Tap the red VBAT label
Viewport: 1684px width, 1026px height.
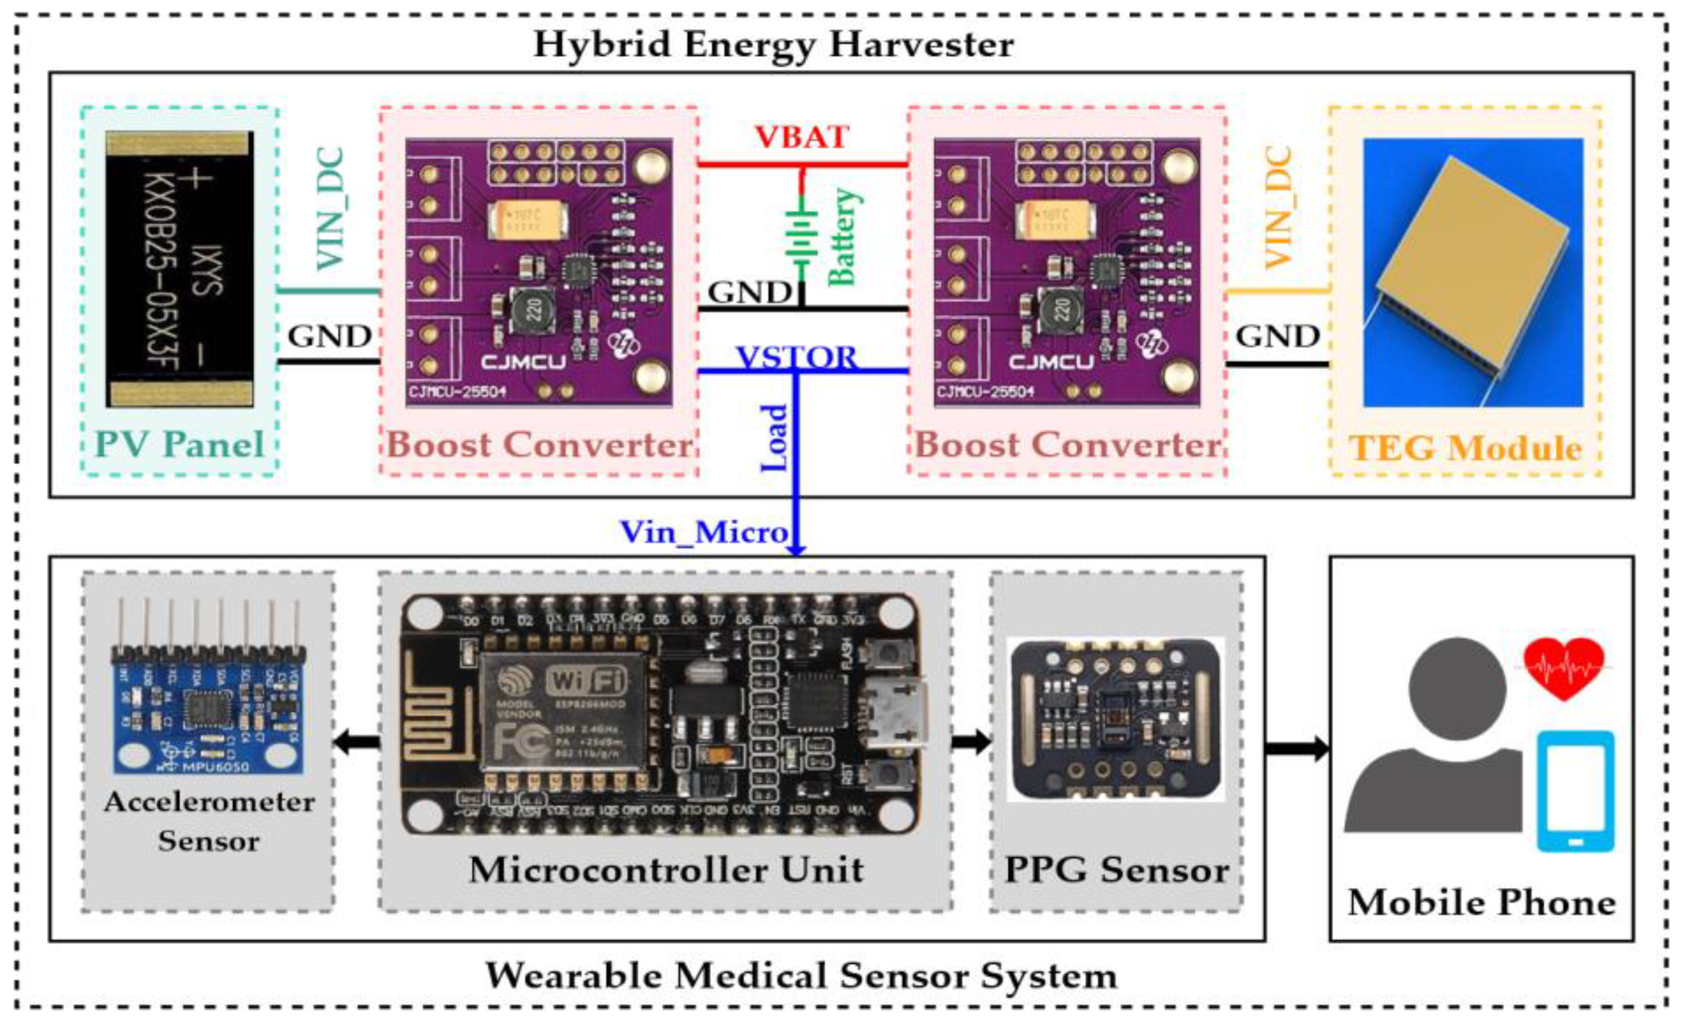coord(801,137)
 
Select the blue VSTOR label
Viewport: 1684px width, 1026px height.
coord(797,357)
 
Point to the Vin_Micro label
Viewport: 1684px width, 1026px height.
coord(704,532)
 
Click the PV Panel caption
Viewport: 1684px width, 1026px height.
coord(179,445)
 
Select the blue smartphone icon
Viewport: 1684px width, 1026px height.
coord(1575,792)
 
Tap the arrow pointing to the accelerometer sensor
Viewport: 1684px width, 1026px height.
coord(357,741)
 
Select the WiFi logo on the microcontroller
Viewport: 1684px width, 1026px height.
coord(587,681)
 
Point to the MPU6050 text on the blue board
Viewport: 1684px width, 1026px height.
coord(215,767)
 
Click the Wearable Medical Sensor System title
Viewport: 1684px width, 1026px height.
coord(801,975)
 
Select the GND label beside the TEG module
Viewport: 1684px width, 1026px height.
coord(1277,336)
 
